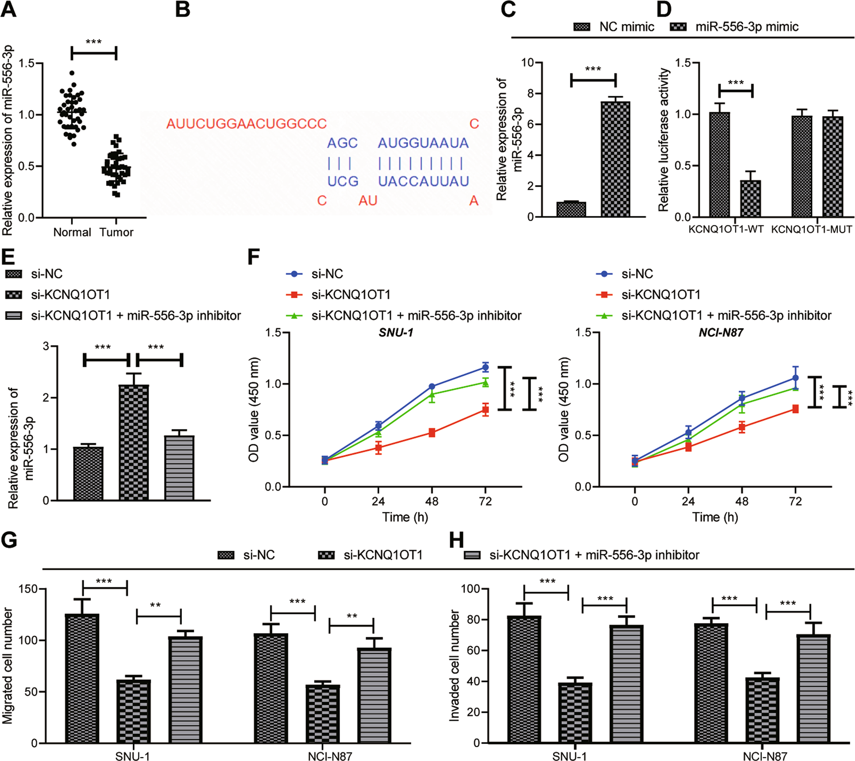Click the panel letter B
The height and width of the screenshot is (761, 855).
[183, 10]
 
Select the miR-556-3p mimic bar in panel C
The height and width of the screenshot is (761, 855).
[615, 159]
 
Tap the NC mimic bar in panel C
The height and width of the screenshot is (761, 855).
[571, 209]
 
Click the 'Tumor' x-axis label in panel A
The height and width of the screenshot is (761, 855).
[116, 232]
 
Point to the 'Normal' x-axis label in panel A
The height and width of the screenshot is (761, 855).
[72, 232]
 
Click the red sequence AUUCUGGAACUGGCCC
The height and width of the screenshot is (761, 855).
[246, 124]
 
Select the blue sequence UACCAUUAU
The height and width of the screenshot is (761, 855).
[423, 181]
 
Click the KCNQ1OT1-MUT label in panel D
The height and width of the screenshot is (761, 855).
[811, 230]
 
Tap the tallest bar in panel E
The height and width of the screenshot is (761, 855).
[133, 442]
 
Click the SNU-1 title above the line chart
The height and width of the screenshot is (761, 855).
[396, 332]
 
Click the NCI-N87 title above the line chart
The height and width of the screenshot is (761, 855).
[720, 332]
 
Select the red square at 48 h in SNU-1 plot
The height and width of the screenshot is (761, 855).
[432, 432]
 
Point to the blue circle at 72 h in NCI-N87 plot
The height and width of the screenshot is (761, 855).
[795, 378]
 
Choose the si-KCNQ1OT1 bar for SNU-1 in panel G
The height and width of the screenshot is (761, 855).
[133, 711]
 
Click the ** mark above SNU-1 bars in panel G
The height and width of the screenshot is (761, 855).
[155, 606]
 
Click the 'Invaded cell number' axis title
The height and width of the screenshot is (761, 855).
[454, 666]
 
